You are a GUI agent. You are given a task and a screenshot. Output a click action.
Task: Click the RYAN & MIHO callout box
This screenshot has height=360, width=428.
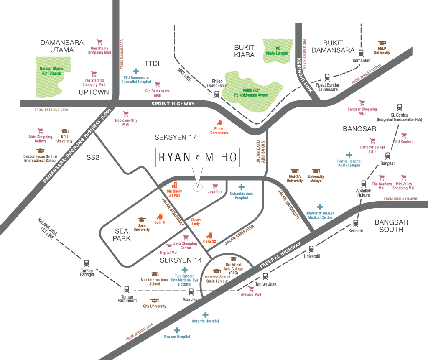[x=198, y=157]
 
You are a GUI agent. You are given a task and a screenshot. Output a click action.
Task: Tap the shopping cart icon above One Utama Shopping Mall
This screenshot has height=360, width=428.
[x=99, y=42]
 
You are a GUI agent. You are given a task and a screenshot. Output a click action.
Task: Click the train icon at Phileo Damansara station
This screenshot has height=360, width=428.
[x=216, y=94]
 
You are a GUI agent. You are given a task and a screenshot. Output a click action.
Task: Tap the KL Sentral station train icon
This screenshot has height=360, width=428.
[x=400, y=107]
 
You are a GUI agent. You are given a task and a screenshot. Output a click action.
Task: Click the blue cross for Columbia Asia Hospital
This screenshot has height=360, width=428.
[x=241, y=187]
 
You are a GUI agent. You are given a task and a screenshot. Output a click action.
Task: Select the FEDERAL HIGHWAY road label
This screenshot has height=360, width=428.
[x=281, y=256]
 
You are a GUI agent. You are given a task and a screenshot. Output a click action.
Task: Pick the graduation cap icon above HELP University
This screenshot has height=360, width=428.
[x=382, y=43]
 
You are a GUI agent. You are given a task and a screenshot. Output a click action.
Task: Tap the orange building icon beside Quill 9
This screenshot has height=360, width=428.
[x=159, y=217]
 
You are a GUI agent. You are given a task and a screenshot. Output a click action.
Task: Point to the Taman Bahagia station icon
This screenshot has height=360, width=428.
[x=87, y=263]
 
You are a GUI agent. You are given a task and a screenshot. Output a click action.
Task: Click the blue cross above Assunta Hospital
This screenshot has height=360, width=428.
[x=205, y=315]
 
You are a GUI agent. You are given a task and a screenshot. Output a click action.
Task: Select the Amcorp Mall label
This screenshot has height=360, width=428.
[x=251, y=294]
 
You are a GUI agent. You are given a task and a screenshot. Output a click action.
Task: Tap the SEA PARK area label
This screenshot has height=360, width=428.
[x=123, y=235]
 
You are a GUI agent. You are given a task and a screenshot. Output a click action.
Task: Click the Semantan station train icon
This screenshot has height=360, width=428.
[x=362, y=52]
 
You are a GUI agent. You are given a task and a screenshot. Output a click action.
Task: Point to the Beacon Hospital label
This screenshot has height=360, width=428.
[x=177, y=337]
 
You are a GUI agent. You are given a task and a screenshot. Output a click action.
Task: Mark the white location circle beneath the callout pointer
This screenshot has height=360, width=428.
[x=198, y=187]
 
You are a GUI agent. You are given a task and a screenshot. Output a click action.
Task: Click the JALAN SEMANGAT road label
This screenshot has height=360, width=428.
[x=174, y=212]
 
